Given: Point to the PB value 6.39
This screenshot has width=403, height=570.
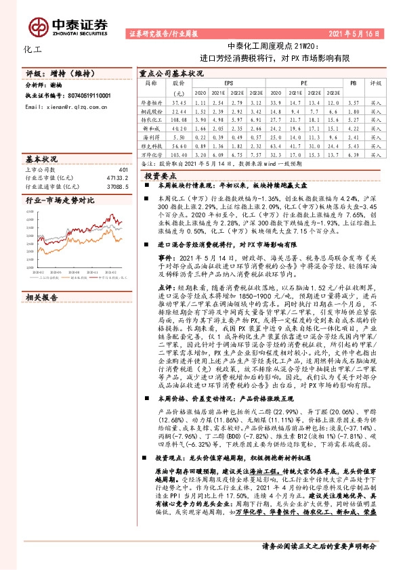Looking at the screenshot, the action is pos(352,155).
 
